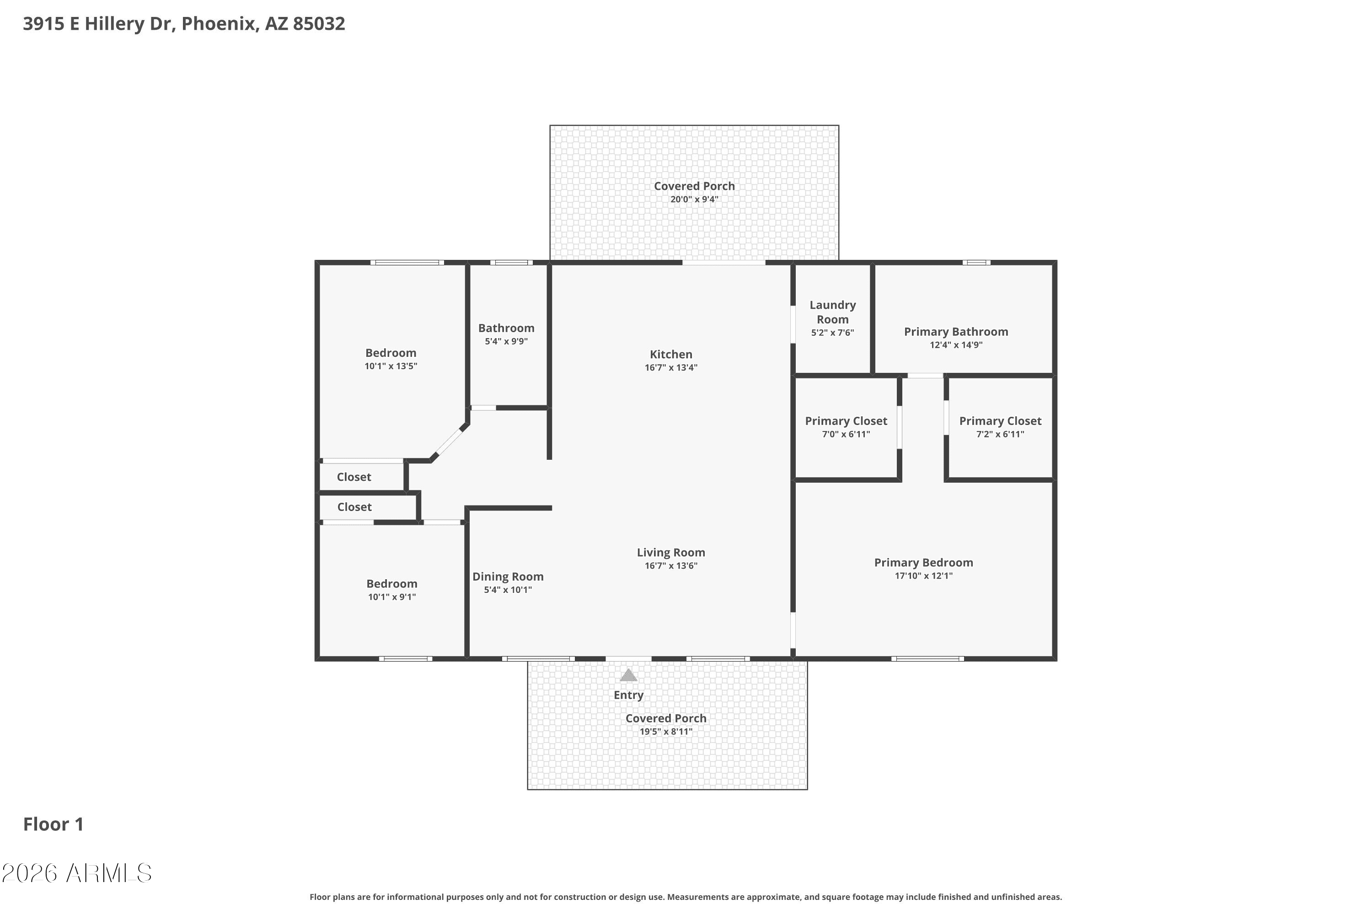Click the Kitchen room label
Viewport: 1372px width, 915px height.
point(671,354)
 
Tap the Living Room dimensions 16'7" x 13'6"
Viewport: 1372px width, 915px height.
point(671,565)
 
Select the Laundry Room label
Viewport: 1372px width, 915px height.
point(832,312)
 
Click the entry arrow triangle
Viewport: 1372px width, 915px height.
point(628,675)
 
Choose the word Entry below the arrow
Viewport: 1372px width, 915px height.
point(628,695)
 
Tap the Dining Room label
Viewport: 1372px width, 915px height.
point(508,576)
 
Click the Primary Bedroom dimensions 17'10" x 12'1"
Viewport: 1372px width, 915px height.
point(923,576)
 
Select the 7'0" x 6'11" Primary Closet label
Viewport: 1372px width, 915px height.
point(846,421)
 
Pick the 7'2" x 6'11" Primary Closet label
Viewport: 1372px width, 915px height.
point(1000,421)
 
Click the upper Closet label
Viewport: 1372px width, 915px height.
point(354,477)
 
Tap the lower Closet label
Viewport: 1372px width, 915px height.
point(354,507)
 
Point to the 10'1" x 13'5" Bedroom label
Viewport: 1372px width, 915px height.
point(391,353)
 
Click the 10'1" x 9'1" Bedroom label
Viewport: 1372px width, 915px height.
point(391,584)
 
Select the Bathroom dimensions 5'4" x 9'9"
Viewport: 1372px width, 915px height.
point(506,341)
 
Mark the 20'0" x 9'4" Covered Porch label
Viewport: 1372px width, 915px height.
point(694,186)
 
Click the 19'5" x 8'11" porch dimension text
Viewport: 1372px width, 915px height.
point(665,732)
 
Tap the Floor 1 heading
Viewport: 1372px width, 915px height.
point(53,824)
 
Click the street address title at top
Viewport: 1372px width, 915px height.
point(184,24)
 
